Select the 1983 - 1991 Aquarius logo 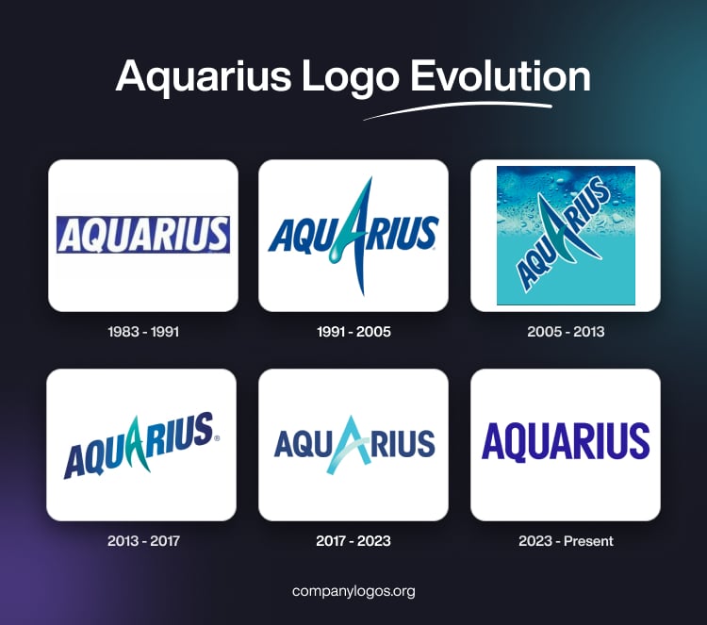click(x=142, y=235)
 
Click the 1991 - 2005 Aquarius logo click(x=353, y=235)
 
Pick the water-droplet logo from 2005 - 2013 click(x=566, y=235)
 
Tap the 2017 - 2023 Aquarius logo click(x=353, y=444)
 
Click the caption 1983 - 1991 click(x=141, y=332)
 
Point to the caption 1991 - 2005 click(x=353, y=332)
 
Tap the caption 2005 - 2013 click(x=566, y=332)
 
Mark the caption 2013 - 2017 click(x=141, y=541)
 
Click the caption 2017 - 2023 click(x=353, y=541)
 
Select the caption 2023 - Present click(x=566, y=541)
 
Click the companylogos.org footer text click(x=353, y=591)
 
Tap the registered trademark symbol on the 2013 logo click(x=218, y=438)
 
